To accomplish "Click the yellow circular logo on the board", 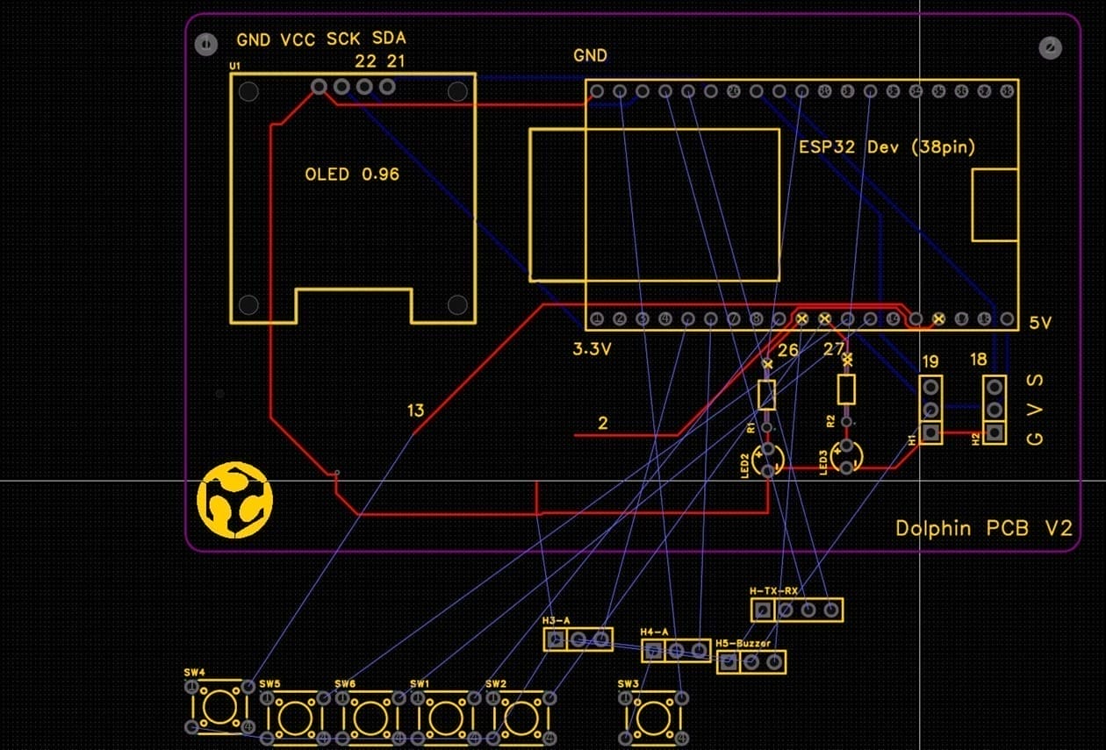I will point(234,501).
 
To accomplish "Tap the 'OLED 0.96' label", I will point(351,175).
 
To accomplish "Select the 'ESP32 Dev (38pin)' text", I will point(887,147).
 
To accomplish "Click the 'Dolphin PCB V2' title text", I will point(984,529).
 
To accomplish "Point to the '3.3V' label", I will point(591,349).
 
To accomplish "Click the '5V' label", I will point(1040,324).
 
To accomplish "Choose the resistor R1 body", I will point(767,395).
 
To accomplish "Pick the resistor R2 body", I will point(846,389).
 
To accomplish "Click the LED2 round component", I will point(769,458).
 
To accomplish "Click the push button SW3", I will point(652,715).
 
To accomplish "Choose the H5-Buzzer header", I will point(751,662).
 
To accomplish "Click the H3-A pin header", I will point(578,639).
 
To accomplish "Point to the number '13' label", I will point(416,411).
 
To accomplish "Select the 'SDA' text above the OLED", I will point(389,39).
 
